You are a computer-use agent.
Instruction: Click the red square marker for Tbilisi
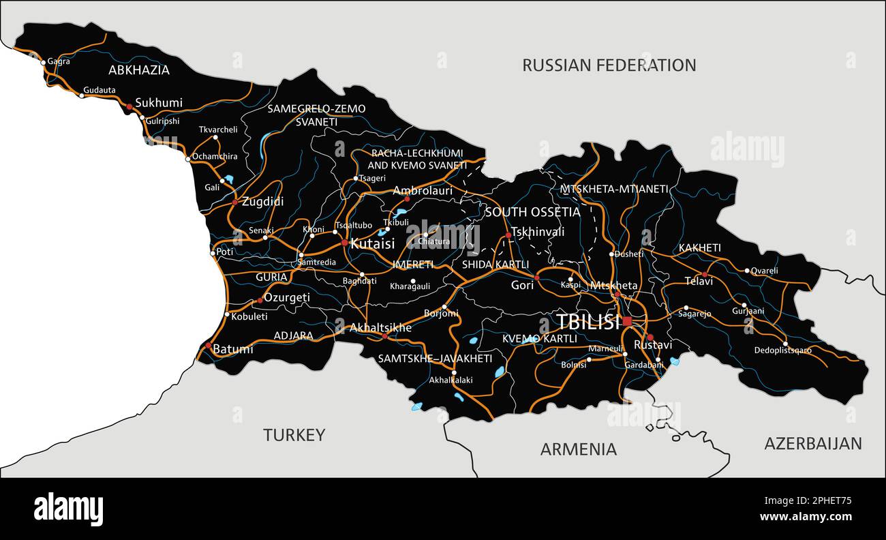point(627,321)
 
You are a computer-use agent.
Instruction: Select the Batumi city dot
point(209,346)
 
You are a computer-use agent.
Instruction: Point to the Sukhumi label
point(159,103)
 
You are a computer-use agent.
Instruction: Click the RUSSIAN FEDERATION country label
point(609,65)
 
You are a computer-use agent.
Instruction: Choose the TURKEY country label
point(294,435)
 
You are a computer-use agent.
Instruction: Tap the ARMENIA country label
point(578,449)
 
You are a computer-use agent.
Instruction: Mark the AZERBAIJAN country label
point(812,443)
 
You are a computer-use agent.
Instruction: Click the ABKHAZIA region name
point(139,70)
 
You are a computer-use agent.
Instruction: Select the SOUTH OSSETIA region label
point(532,212)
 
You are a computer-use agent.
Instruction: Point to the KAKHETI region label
point(699,248)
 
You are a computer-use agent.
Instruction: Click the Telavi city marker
point(705,275)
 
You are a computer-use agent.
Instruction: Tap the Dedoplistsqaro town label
point(783,350)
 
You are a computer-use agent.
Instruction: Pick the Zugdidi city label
point(262,202)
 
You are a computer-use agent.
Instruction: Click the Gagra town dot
point(44,62)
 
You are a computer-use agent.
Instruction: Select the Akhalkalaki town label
point(450,380)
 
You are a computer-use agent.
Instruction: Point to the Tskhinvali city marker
point(508,235)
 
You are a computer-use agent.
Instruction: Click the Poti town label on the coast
point(225,252)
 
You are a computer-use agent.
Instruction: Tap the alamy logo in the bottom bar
point(69,509)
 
